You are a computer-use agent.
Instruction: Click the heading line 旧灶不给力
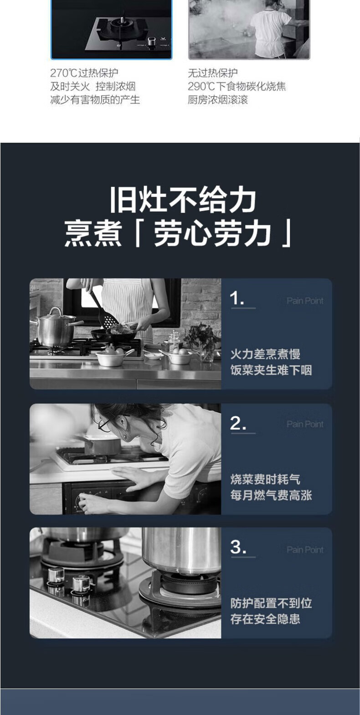click(x=183, y=200)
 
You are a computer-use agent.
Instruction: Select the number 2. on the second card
click(x=238, y=423)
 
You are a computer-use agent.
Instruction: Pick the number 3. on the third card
click(x=238, y=547)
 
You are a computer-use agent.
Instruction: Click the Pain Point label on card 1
click(x=305, y=301)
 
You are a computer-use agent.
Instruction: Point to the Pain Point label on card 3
click(x=305, y=549)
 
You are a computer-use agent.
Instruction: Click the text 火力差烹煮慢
click(x=265, y=354)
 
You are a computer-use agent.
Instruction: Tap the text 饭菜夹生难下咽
click(x=271, y=370)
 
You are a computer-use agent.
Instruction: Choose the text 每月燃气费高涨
click(x=271, y=495)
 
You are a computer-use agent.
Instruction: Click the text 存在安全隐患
click(x=265, y=619)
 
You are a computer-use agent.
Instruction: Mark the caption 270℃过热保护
click(x=84, y=73)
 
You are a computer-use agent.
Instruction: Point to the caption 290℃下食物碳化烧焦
click(x=237, y=87)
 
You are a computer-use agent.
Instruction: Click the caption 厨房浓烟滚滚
click(x=218, y=100)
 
